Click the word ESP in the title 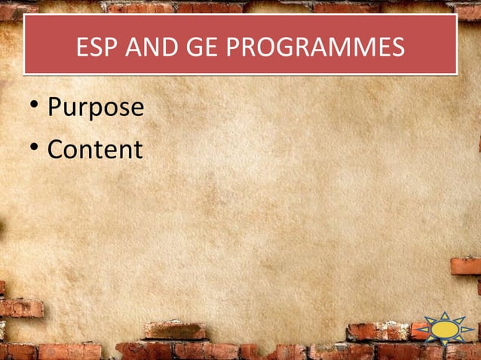point(95,49)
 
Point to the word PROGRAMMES point(315,49)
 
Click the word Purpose point(95,108)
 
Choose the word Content point(95,149)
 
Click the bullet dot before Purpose point(33,108)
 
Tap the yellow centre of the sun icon point(446,329)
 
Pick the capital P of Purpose point(55,108)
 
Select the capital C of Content point(56,149)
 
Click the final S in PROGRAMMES point(397,49)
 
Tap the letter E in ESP point(82,49)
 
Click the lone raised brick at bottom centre point(175,331)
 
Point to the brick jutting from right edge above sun point(466,266)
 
